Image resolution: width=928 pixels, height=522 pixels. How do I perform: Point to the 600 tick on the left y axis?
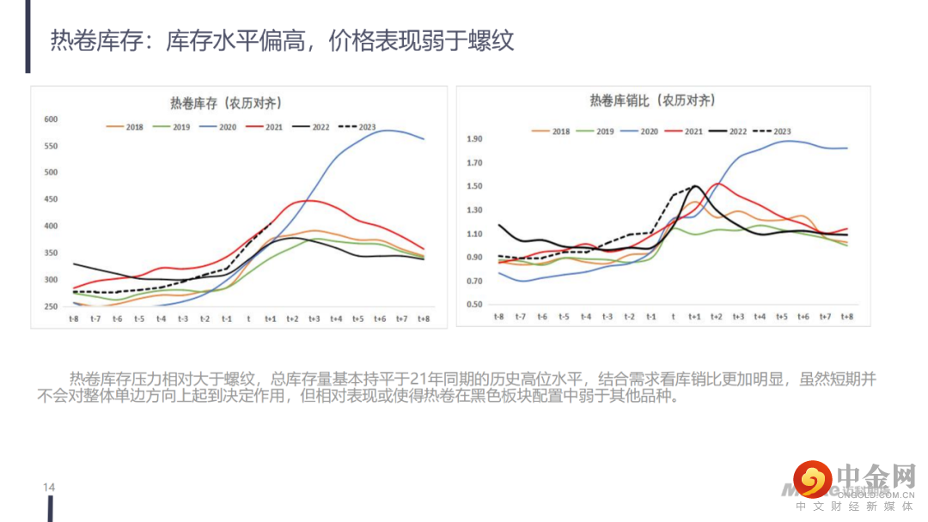point(51,119)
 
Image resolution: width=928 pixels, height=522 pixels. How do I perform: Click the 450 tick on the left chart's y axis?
point(51,200)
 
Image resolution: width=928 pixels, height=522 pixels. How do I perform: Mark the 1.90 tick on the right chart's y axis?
point(474,139)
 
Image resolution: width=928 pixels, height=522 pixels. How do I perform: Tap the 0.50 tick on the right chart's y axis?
point(474,305)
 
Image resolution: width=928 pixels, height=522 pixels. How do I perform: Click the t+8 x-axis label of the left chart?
point(424,319)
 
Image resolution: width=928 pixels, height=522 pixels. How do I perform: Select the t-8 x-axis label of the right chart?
point(498,317)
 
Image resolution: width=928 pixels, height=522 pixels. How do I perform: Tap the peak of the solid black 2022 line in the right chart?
point(695,185)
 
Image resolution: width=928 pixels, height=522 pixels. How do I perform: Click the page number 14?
point(49,488)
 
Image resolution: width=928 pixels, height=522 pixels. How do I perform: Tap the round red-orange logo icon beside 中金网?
point(812,479)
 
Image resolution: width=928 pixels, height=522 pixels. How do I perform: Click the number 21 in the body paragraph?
point(420,379)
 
